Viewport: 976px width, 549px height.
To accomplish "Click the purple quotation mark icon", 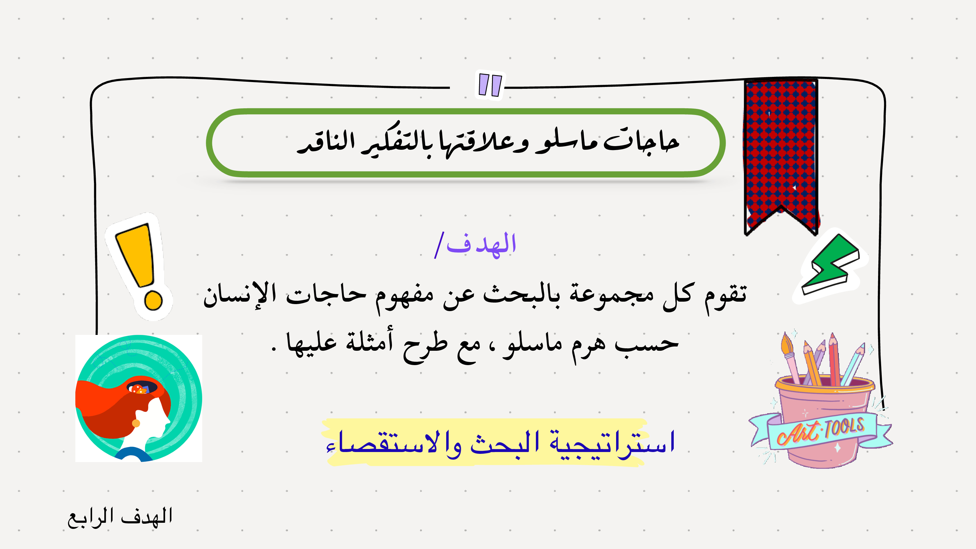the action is pyautogui.click(x=490, y=85).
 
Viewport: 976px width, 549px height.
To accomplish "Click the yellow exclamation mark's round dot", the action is pyautogui.click(x=153, y=300).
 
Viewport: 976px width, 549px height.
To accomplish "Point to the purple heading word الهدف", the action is pyautogui.click(x=481, y=244).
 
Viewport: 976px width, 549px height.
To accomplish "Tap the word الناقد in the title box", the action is pyautogui.click(x=326, y=142).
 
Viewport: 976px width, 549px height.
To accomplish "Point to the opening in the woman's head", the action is pyautogui.click(x=142, y=387).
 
